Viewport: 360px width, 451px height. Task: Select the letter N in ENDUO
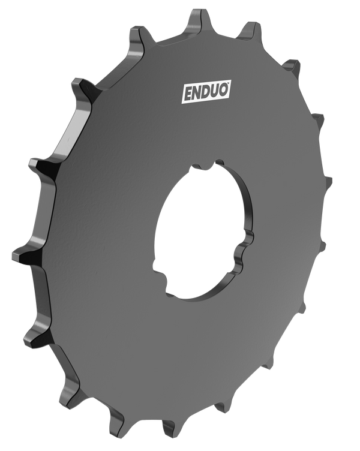pos(197,93)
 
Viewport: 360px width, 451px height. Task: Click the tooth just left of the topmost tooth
pos(139,35)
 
